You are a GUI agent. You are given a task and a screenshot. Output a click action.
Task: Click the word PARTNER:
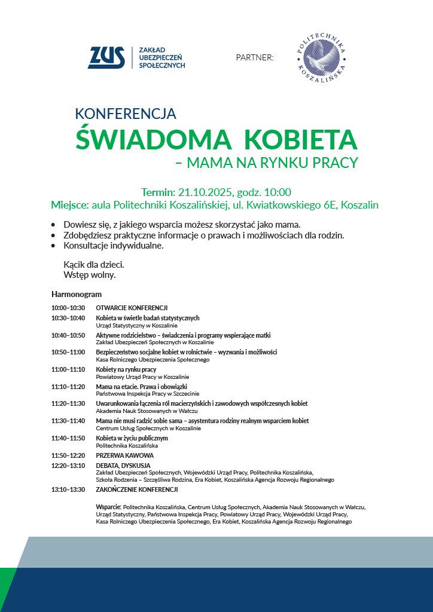[255, 57]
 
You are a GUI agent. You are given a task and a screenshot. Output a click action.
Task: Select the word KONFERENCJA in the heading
[126, 113]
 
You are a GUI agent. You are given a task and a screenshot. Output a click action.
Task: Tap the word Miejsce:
[69, 205]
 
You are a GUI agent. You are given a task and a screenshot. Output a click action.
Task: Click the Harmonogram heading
[77, 294]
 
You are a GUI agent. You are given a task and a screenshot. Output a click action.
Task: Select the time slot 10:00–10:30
[68, 307]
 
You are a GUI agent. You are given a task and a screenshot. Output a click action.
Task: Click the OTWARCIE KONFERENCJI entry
[132, 307]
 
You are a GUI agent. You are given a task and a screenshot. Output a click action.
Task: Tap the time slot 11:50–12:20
[68, 455]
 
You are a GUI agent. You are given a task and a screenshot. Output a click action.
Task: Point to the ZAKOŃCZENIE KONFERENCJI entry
[137, 489]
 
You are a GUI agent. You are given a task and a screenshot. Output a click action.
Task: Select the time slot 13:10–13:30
[68, 489]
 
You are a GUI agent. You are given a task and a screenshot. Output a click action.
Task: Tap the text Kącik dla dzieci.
[94, 264]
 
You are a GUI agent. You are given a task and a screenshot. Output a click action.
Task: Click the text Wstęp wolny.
[89, 275]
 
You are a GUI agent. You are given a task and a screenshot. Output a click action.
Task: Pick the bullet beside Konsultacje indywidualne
[54, 246]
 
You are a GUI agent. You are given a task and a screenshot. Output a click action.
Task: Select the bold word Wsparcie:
[108, 507]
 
